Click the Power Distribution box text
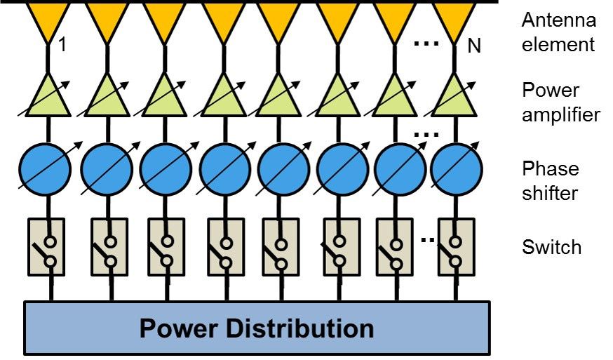point(256,328)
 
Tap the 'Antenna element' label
point(558,32)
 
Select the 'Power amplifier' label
point(560,102)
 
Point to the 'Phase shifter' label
point(550,180)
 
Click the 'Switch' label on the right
point(551,247)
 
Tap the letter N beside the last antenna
point(475,47)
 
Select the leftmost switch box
point(47,246)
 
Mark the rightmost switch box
point(456,246)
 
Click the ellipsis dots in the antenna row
point(426,44)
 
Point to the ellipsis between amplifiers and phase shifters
point(426,133)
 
